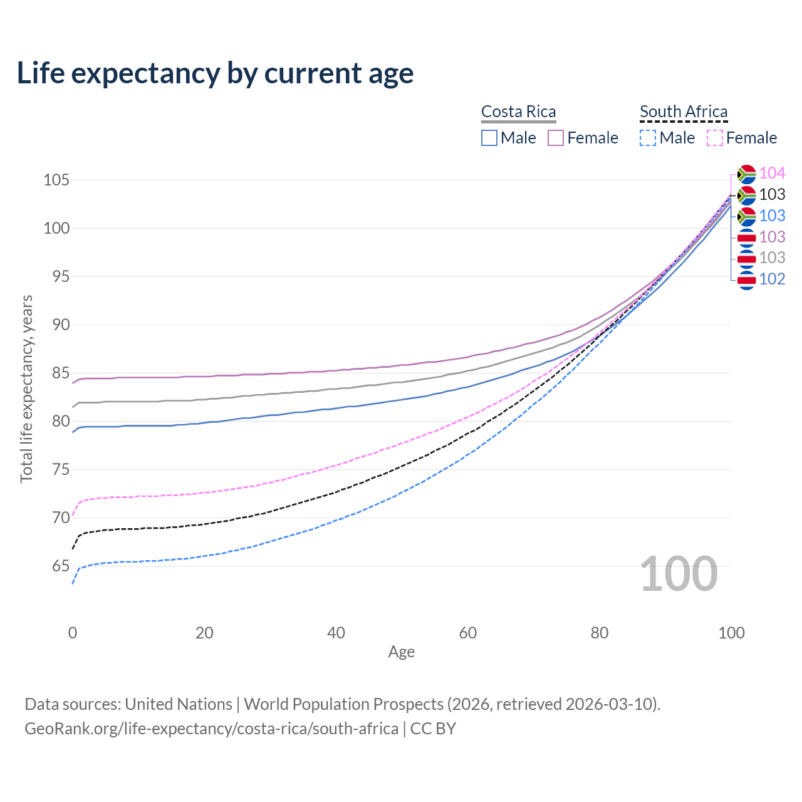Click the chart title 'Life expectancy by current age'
click(x=215, y=73)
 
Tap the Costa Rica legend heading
click(x=518, y=112)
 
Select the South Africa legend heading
click(x=684, y=112)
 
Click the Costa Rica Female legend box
click(x=556, y=138)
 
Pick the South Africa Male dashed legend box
click(x=648, y=138)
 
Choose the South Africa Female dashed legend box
click(x=715, y=138)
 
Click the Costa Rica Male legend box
click(x=489, y=138)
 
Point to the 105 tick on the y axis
click(x=56, y=180)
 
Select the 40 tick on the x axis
click(x=336, y=633)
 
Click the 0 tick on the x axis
click(x=73, y=633)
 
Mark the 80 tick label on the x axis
click(x=600, y=633)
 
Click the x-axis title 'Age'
click(x=401, y=652)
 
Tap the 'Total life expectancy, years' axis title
click(x=26, y=388)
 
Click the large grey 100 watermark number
click(x=679, y=574)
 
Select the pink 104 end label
click(x=772, y=173)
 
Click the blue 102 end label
click(x=772, y=279)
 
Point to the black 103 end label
click(x=772, y=194)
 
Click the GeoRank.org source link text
click(x=212, y=729)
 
